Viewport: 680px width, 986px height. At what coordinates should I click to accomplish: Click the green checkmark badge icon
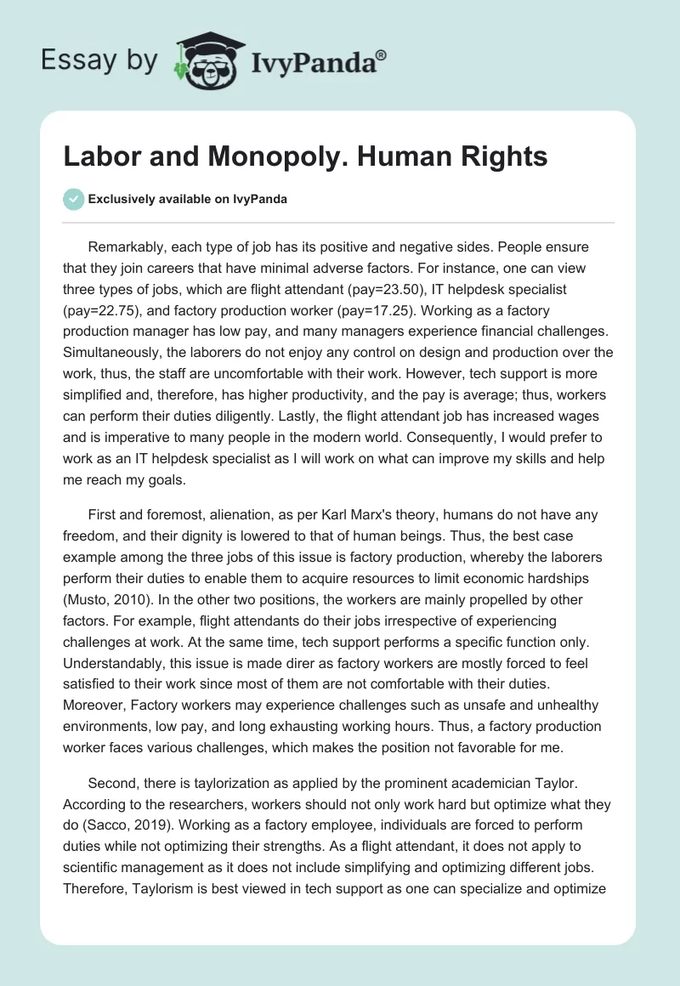pyautogui.click(x=73, y=199)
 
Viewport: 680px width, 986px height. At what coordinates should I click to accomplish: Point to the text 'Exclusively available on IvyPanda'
pyautogui.click(x=188, y=199)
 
